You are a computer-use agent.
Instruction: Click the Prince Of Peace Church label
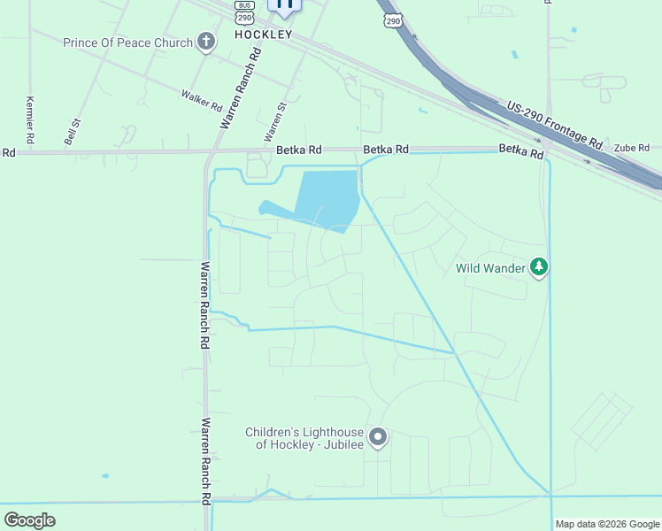(x=127, y=42)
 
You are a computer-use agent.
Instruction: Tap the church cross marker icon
(x=206, y=42)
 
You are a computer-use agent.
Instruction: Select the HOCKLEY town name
(x=263, y=34)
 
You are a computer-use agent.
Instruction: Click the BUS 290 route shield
(x=245, y=12)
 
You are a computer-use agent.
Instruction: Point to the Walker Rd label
(x=201, y=100)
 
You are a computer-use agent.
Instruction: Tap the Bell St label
(x=72, y=133)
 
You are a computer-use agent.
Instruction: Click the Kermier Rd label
(x=31, y=119)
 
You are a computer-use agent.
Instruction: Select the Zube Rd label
(x=632, y=148)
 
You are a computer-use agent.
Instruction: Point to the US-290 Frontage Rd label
(x=555, y=125)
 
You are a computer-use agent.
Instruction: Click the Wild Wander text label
(x=490, y=267)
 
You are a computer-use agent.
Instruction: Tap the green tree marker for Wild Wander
(x=539, y=267)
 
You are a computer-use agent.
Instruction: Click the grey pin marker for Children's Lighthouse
(x=378, y=437)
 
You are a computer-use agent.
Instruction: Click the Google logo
(x=29, y=519)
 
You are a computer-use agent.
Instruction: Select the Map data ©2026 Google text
(x=607, y=524)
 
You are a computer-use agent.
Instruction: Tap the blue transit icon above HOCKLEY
(x=284, y=4)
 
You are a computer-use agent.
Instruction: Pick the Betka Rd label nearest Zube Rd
(x=520, y=150)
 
